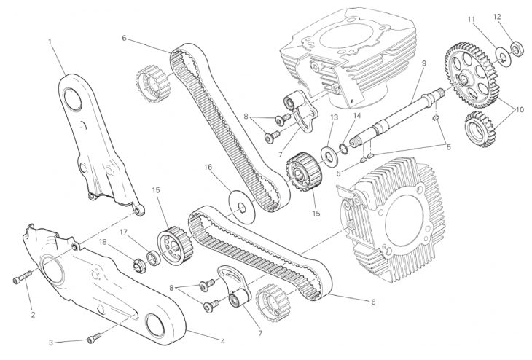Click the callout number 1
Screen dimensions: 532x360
coord(50,42)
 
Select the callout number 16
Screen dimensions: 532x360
coord(208,167)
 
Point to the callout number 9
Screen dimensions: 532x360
coord(424,63)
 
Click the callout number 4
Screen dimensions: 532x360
coord(223,341)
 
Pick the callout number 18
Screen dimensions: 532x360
coord(103,242)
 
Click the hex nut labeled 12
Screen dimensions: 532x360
coord(516,50)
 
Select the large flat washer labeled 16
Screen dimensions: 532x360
coord(241,207)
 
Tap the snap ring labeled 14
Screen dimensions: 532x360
coord(343,148)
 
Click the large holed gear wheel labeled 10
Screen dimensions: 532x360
coord(473,75)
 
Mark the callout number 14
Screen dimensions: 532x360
coord(356,115)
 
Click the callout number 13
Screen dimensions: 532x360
coord(334,118)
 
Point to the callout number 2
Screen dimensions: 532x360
coord(33,315)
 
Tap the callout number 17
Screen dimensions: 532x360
coord(123,232)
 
